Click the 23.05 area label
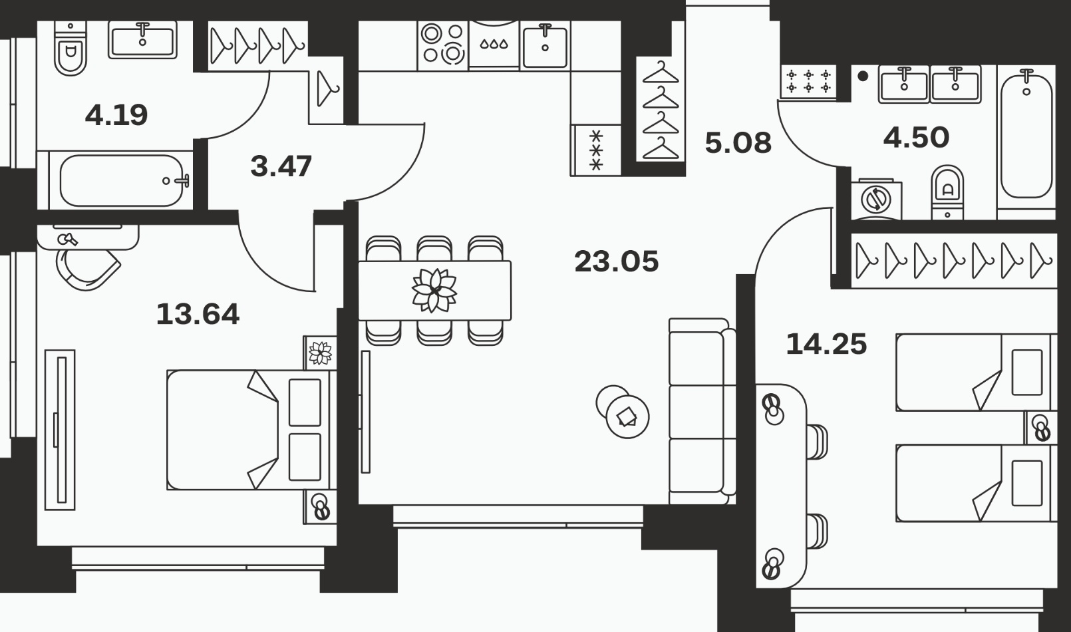(x=616, y=261)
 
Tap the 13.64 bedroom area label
(x=198, y=314)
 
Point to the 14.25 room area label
(x=826, y=344)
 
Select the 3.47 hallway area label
(x=281, y=166)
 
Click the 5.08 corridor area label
(x=738, y=142)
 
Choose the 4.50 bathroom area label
(x=916, y=137)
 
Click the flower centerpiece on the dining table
(x=434, y=291)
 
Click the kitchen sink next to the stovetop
(x=545, y=46)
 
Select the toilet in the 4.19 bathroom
(x=71, y=49)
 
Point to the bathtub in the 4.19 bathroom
(x=122, y=181)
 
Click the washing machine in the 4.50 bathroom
(x=876, y=200)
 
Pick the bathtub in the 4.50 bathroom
(x=1026, y=137)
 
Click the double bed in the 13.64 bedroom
(x=251, y=430)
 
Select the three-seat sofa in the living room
(x=702, y=412)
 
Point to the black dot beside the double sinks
(x=863, y=76)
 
